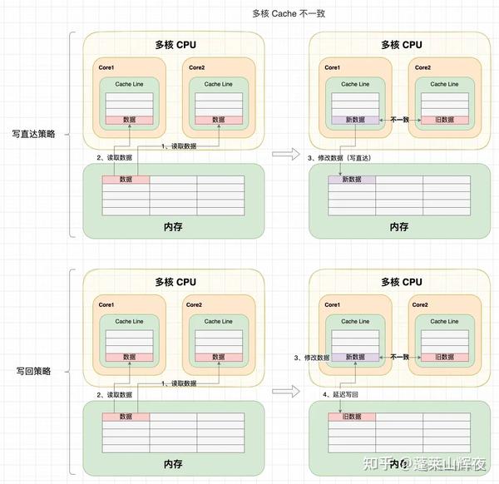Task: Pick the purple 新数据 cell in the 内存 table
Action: pos(352,180)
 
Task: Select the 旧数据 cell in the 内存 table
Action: pos(352,417)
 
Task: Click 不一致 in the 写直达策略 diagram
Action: pos(400,121)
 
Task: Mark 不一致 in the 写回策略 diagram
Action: pos(400,357)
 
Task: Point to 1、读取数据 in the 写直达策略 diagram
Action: pos(178,147)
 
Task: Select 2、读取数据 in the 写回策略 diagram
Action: pos(114,395)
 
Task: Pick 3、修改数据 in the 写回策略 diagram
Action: pos(312,358)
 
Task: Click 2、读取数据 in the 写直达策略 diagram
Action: pos(114,158)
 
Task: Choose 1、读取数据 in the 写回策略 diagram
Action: pos(178,383)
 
